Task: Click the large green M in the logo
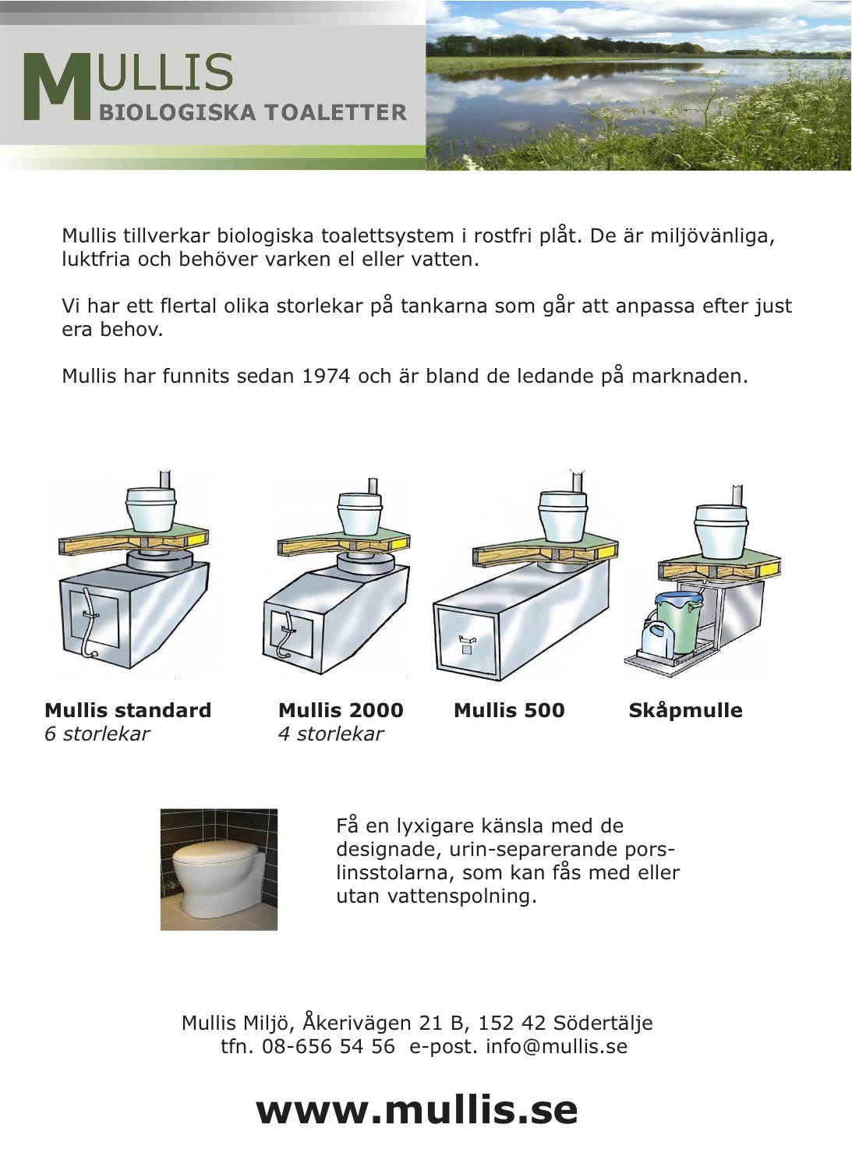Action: (x=57, y=87)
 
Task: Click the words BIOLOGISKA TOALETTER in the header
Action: (x=253, y=113)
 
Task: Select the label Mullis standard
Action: (x=128, y=710)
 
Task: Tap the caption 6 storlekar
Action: (x=97, y=734)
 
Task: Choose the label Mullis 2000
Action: (x=341, y=710)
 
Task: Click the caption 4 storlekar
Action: (x=331, y=734)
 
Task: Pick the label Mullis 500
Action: (x=509, y=710)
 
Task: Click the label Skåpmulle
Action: (x=685, y=710)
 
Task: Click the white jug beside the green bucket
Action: (x=652, y=638)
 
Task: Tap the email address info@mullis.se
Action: (x=556, y=1046)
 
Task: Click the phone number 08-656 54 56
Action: (x=328, y=1046)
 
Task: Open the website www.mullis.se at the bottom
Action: (x=417, y=1110)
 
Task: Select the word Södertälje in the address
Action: (x=603, y=1023)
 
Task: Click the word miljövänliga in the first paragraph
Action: (x=712, y=236)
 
